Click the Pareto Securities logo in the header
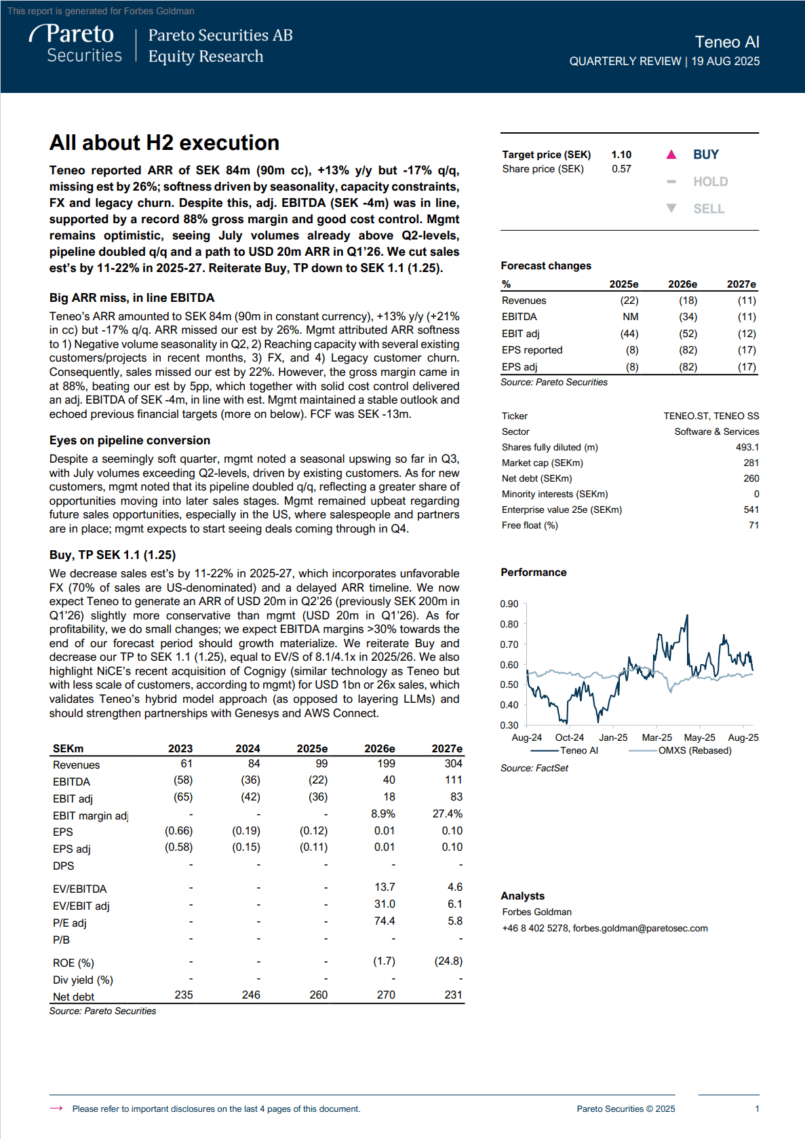tap(76, 44)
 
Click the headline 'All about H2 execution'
tap(164, 142)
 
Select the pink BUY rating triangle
tap(671, 155)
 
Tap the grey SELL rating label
tap(709, 209)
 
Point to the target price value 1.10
tap(621, 155)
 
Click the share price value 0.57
tap(621, 169)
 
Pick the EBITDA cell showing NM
tap(630, 317)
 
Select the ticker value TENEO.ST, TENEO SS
tap(711, 416)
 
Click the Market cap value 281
tap(751, 463)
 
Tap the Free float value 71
tap(753, 525)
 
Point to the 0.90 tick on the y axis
tap(509, 604)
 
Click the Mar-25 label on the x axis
tap(656, 737)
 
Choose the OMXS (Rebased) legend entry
tap(694, 750)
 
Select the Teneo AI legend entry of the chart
tap(578, 750)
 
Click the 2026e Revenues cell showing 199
tap(386, 764)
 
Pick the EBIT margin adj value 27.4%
tap(447, 813)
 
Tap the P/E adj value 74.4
tap(384, 921)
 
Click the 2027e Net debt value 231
tap(453, 995)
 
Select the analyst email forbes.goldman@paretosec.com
tap(640, 928)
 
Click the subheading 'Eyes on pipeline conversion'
tap(130, 440)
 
